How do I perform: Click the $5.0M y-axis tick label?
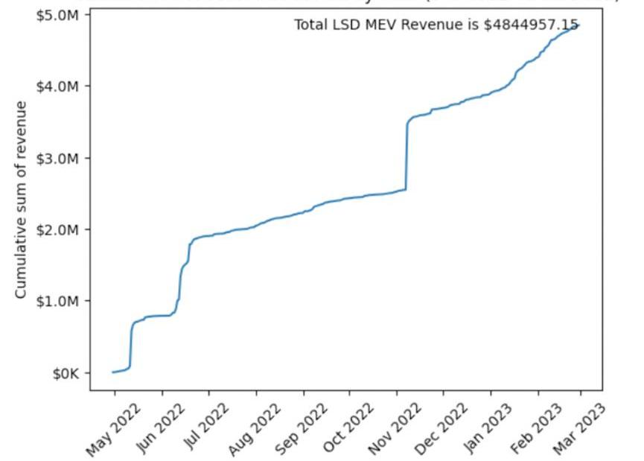click(x=57, y=15)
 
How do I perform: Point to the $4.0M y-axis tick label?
click(x=57, y=86)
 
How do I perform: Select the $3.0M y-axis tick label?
click(x=57, y=158)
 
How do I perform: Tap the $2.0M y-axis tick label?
click(x=57, y=229)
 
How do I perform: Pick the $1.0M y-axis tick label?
click(x=57, y=301)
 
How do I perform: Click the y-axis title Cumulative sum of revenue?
click(x=22, y=200)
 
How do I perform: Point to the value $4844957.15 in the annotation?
click(x=531, y=25)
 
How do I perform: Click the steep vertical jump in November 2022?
click(x=407, y=156)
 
